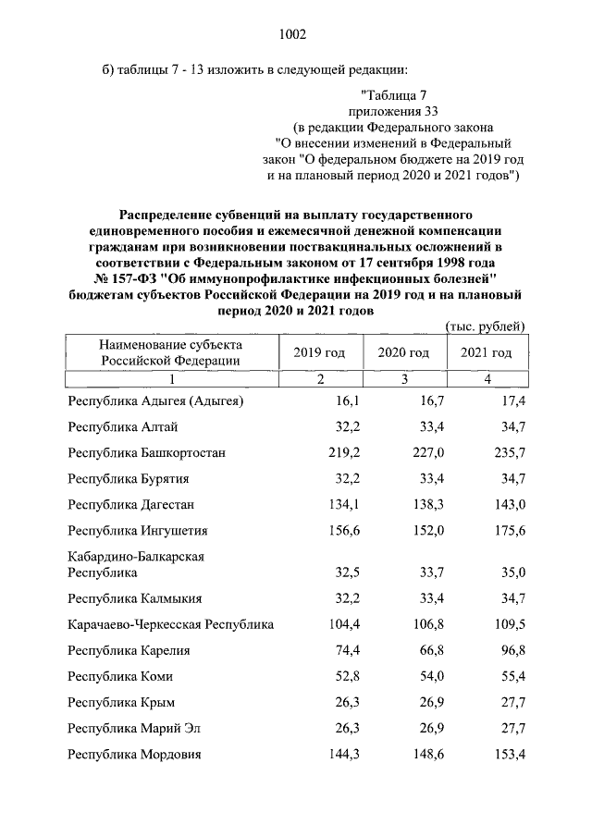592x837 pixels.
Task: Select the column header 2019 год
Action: click(x=319, y=352)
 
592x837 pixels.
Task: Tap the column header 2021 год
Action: click(x=486, y=352)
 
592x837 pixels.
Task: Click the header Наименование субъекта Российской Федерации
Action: click(x=157, y=352)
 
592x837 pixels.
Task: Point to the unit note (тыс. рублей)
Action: click(x=486, y=326)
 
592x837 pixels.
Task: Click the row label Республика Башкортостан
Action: click(x=146, y=452)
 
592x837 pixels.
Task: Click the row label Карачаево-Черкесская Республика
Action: click(x=171, y=624)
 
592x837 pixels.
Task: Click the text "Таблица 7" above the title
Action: click(x=393, y=92)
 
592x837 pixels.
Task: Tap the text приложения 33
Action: click(x=393, y=110)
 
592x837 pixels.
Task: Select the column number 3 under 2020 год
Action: click(x=403, y=379)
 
